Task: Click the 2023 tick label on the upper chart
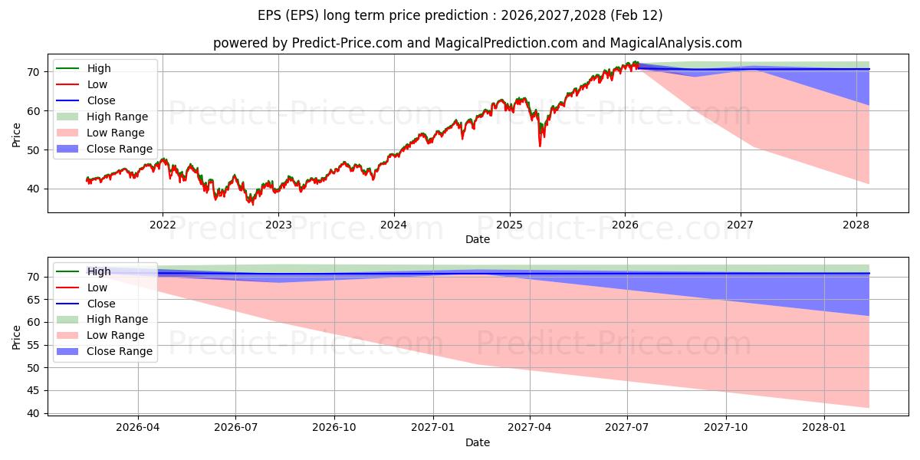[x=278, y=225]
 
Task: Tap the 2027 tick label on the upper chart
[x=741, y=225]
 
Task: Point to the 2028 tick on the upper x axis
[x=856, y=225]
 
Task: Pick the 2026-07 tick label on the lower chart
[x=235, y=428]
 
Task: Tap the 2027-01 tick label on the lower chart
[x=433, y=428]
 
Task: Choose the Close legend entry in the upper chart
[x=101, y=100]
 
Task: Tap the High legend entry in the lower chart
[x=99, y=271]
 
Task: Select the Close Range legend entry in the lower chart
[x=119, y=351]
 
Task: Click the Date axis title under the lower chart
[x=477, y=442]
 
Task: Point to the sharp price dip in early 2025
[x=540, y=145]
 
